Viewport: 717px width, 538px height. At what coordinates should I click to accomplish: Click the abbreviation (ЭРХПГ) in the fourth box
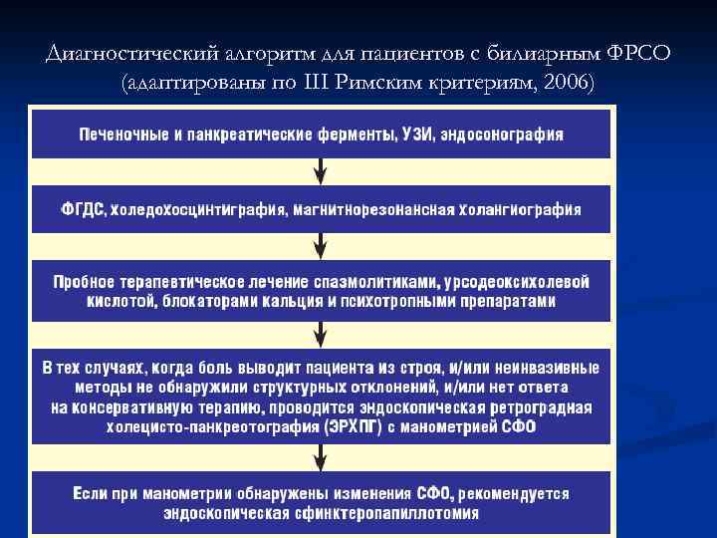click(x=350, y=426)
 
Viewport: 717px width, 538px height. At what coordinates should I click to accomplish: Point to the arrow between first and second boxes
click(x=320, y=172)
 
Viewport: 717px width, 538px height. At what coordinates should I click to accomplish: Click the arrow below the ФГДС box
click(x=320, y=246)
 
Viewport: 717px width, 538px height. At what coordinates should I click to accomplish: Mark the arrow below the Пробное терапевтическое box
click(x=320, y=332)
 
